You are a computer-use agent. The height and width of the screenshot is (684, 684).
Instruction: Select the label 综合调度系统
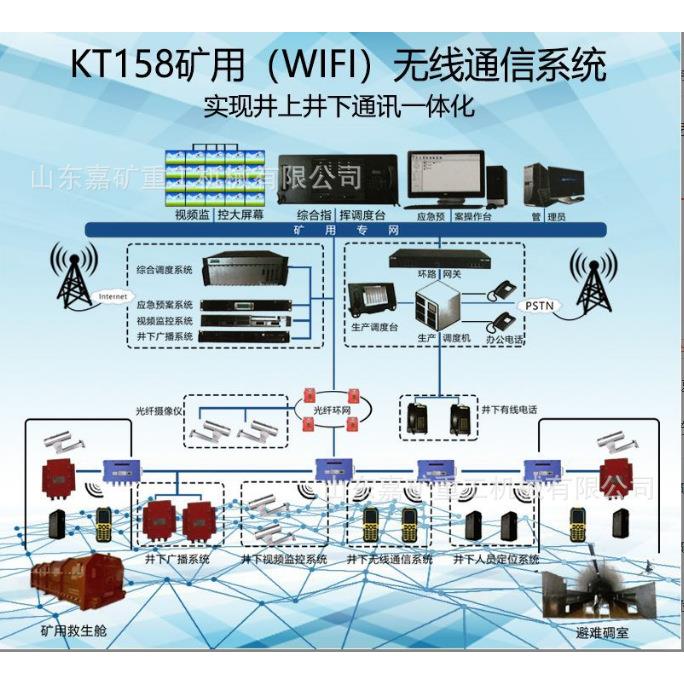[164, 270]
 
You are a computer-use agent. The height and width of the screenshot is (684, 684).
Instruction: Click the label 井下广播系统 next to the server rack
[164, 337]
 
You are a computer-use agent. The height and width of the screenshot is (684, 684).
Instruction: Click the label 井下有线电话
[510, 409]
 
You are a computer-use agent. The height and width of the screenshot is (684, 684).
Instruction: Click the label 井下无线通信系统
[389, 559]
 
